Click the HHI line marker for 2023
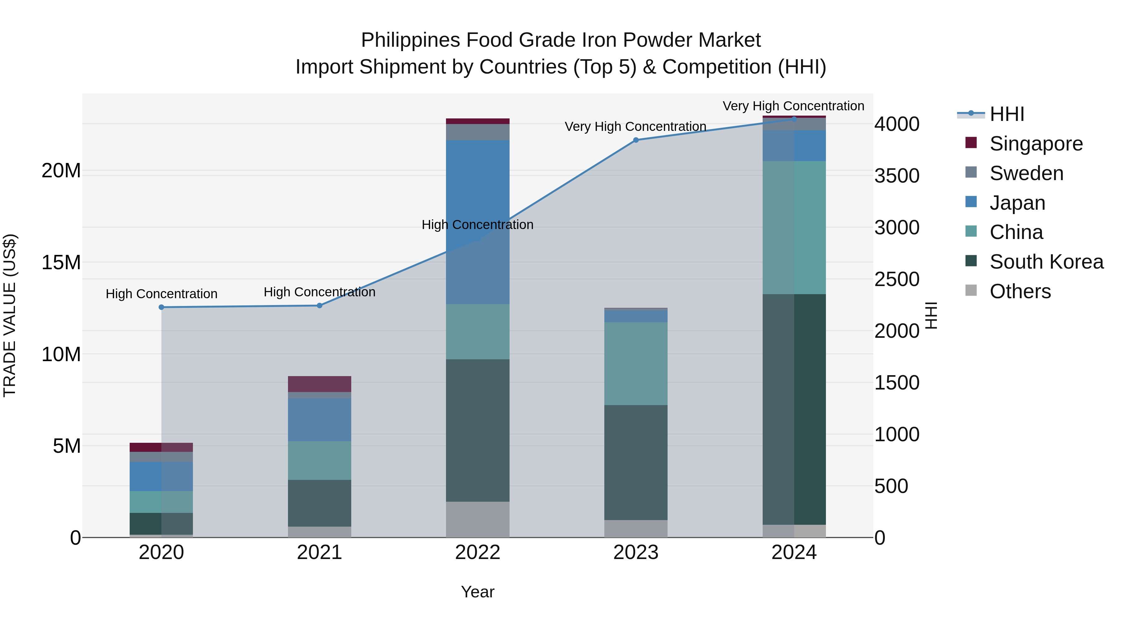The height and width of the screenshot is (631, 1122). tap(635, 140)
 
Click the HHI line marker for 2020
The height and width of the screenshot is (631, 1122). tap(161, 307)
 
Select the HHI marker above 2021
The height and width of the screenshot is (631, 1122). tap(319, 305)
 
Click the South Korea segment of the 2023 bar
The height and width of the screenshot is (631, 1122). tap(635, 462)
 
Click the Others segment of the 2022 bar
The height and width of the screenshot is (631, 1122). tap(477, 519)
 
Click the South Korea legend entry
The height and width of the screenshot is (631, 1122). tap(1046, 262)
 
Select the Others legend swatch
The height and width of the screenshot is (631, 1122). tap(971, 290)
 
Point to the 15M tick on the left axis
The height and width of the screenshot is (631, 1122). tap(61, 263)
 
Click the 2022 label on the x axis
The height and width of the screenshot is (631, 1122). tap(477, 552)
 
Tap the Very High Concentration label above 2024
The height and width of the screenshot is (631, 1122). tap(793, 106)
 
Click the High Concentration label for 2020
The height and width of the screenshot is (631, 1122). tap(161, 294)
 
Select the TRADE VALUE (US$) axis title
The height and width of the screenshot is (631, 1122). tap(10, 315)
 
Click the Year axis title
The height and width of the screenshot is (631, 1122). tap(477, 592)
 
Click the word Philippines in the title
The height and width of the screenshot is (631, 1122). tap(410, 40)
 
